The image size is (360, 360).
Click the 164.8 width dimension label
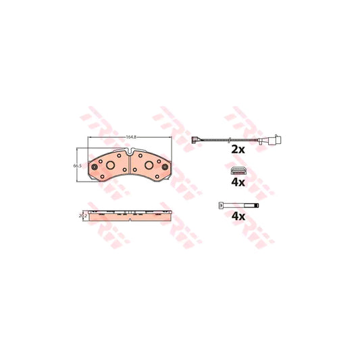[132, 137]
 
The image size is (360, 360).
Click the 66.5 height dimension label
[78, 165]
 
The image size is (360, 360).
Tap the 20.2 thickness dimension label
[83, 216]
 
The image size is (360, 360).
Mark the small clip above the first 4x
[237, 169]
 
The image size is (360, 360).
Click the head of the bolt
[221, 205]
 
